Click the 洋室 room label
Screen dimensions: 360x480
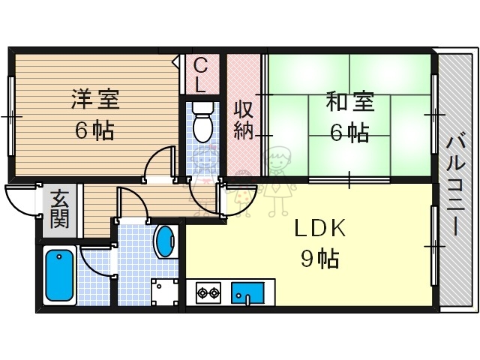[x=94, y=100]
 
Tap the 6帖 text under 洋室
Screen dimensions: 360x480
[x=94, y=131]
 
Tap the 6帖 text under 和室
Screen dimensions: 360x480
[x=349, y=133]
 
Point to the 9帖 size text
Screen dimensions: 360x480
[x=319, y=259]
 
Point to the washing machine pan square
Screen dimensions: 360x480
[x=165, y=292]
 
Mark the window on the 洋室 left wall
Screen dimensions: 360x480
[x=10, y=116]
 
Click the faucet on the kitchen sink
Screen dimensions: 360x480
[x=247, y=299]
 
